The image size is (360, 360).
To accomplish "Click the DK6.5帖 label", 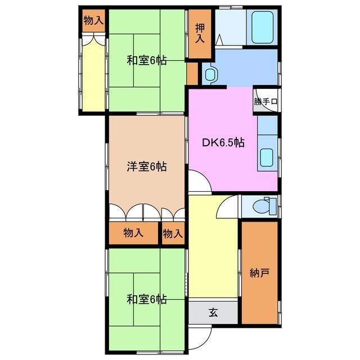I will pyautogui.click(x=223, y=142).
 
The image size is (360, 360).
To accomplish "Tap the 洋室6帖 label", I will pyautogui.click(x=146, y=166).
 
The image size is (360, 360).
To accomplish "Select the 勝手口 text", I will pyautogui.click(x=265, y=102).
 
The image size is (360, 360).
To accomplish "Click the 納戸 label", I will pyautogui.click(x=259, y=273).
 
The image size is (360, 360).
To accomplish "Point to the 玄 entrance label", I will pyautogui.click(x=214, y=313).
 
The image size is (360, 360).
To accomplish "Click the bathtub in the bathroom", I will pyautogui.click(x=262, y=27).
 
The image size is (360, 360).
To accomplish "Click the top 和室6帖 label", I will pyautogui.click(x=146, y=60).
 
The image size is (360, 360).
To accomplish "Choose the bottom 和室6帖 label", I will pyautogui.click(x=146, y=299).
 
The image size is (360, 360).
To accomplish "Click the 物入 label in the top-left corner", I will pyautogui.click(x=93, y=21).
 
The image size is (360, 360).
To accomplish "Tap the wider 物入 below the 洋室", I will pyautogui.click(x=133, y=233).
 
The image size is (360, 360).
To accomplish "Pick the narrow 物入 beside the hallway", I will pyautogui.click(x=173, y=233).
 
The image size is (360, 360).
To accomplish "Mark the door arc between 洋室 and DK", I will pyautogui.click(x=197, y=181).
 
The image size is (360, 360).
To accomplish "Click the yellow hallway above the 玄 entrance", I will pyautogui.click(x=213, y=253).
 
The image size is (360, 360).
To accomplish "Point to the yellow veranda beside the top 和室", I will pyautogui.click(x=93, y=73).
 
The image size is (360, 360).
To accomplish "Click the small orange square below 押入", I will pyautogui.click(x=192, y=73).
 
